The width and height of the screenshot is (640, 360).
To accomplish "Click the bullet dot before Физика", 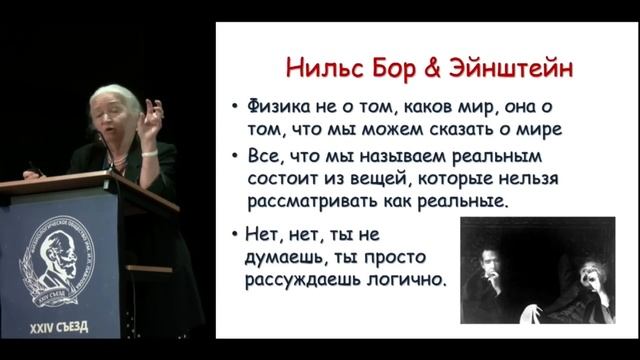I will coord(233,107).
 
